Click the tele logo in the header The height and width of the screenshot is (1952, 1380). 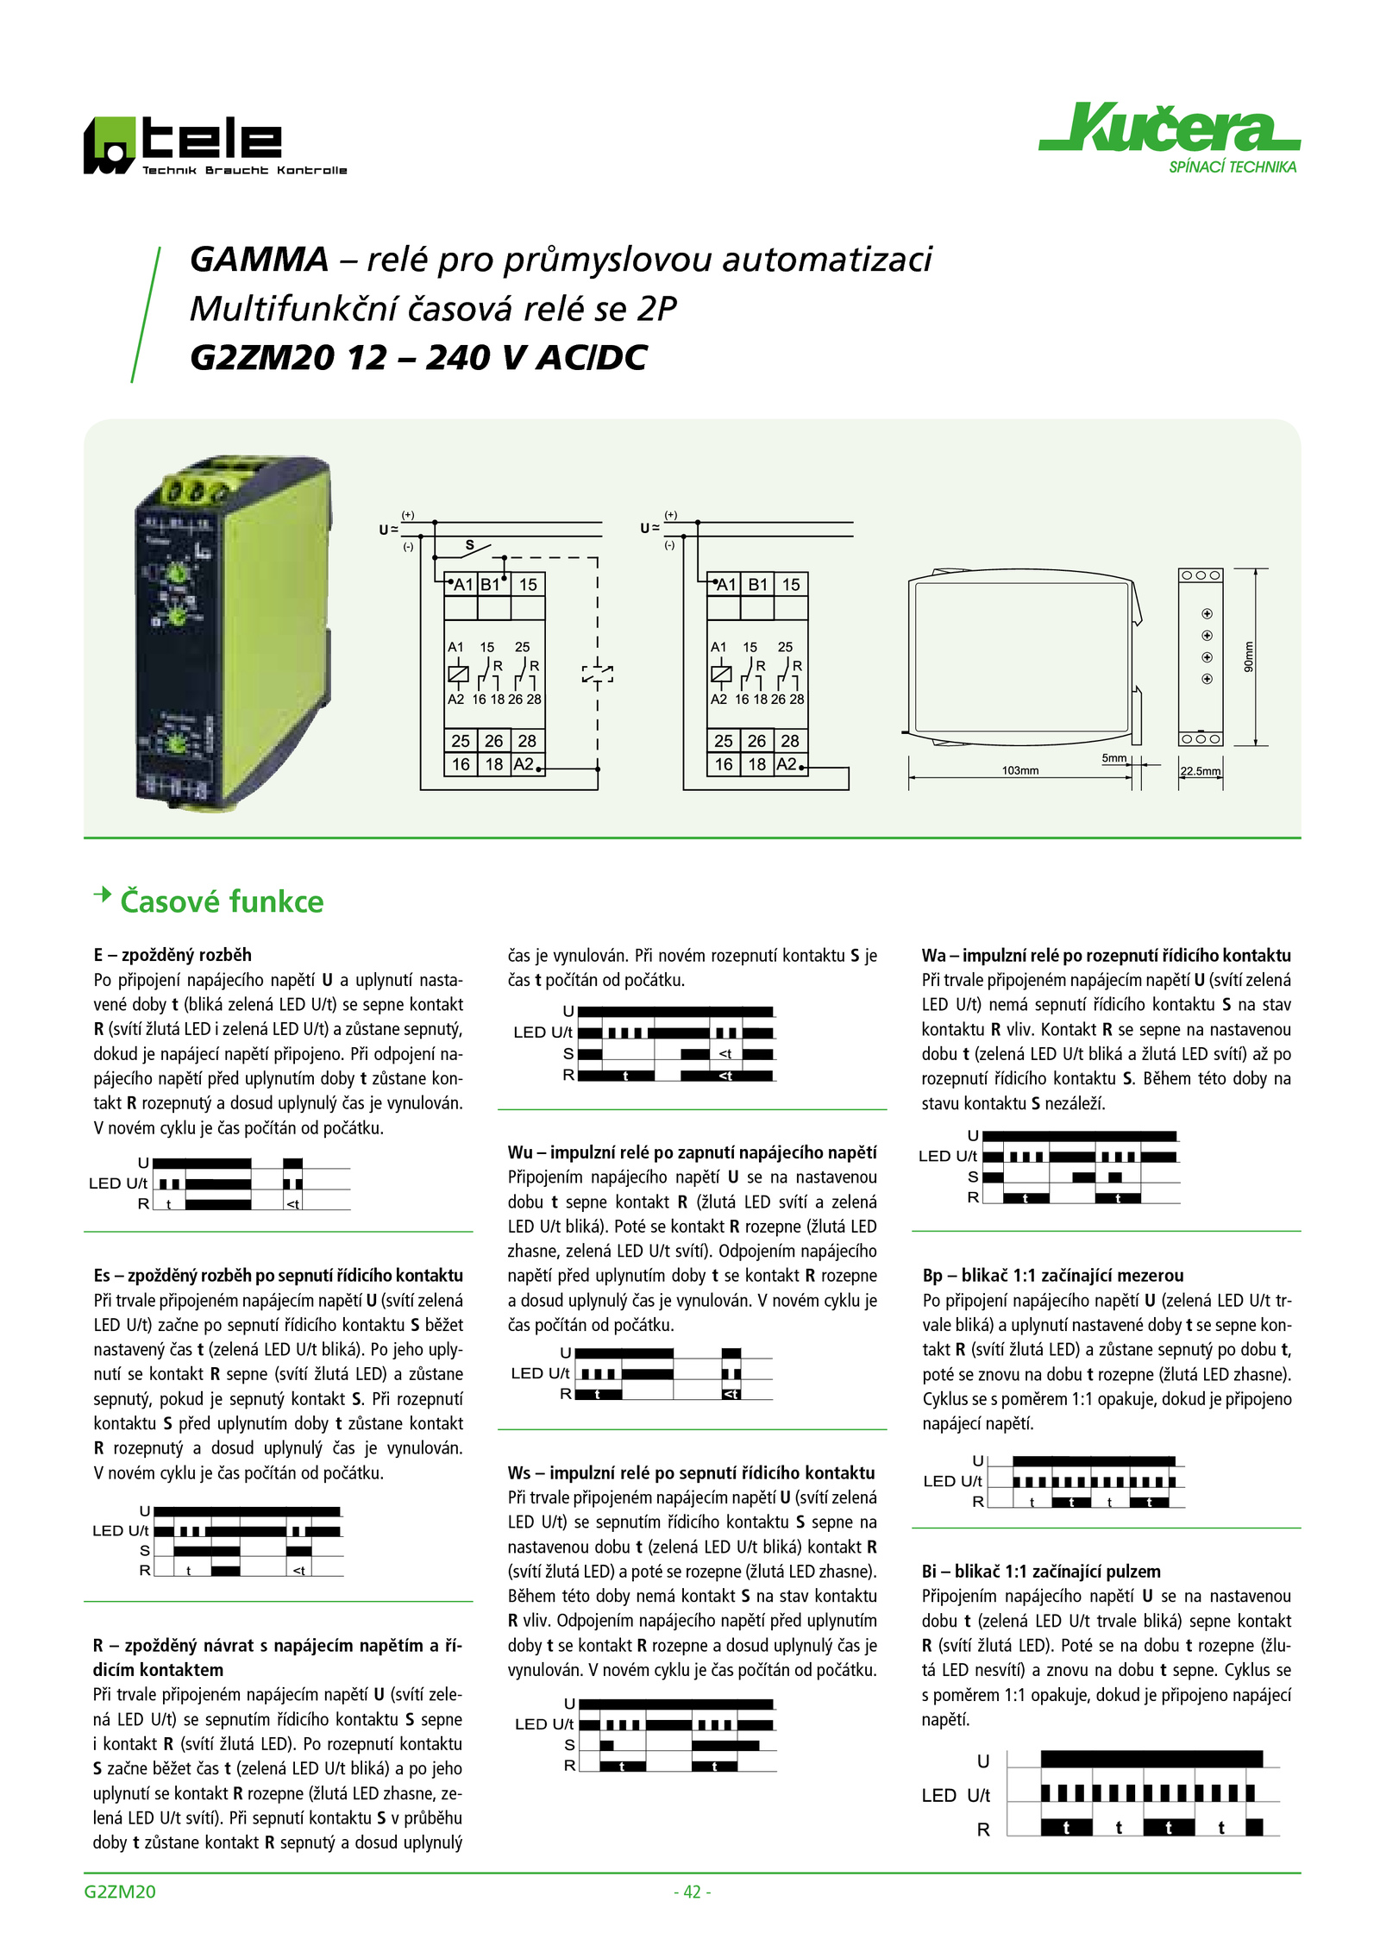click(215, 146)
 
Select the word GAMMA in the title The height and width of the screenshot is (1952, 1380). click(259, 259)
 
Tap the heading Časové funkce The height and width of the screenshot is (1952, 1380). click(222, 901)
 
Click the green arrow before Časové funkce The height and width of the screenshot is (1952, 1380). click(103, 894)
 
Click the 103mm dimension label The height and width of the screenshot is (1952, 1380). click(1020, 770)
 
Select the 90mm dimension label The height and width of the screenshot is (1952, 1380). click(1248, 657)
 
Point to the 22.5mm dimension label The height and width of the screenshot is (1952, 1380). click(1201, 771)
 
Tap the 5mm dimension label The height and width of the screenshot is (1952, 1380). click(1114, 758)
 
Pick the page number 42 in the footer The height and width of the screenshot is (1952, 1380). click(692, 1892)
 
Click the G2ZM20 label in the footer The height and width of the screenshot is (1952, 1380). click(120, 1892)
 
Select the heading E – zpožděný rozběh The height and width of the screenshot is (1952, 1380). click(172, 955)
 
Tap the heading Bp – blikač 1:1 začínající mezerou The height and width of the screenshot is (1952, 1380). click(1053, 1275)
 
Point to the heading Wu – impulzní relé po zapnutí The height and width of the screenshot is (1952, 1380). click(692, 1152)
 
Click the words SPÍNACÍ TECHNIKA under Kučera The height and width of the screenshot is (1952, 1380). click(1233, 167)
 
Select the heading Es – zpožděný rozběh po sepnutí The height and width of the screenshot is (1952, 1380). click(279, 1275)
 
